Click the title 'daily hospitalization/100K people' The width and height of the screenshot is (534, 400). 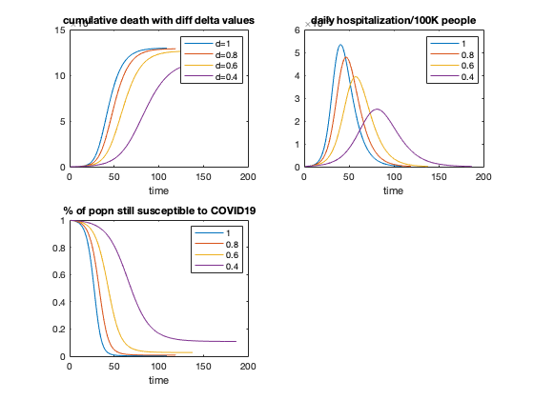(393, 21)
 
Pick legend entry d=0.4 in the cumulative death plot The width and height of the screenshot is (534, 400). (221, 76)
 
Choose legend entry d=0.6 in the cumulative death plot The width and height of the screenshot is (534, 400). (221, 66)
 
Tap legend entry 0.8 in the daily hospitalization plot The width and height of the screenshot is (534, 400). (462, 54)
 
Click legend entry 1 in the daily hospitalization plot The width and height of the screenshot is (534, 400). (462, 44)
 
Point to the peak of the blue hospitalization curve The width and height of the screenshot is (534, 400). (340, 45)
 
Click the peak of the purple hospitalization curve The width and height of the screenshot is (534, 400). (378, 110)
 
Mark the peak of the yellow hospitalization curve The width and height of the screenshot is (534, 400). (356, 77)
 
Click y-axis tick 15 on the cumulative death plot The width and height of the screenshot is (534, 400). (59, 30)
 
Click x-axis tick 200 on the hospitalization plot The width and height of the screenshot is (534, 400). (483, 176)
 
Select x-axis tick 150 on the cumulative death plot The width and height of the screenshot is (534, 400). (204, 176)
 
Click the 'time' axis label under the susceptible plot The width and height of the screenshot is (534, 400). (158, 380)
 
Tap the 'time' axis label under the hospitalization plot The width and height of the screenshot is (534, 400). (393, 190)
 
